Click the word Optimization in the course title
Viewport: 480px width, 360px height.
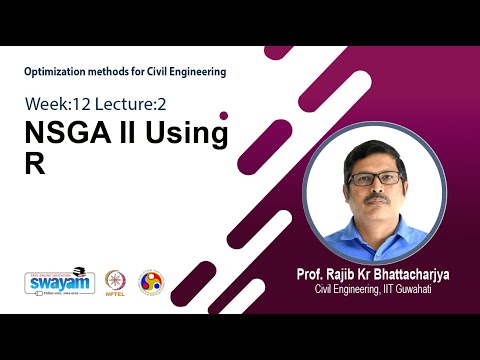coord(55,72)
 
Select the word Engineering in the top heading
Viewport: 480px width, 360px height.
coord(196,72)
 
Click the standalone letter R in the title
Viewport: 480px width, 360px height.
coord(35,166)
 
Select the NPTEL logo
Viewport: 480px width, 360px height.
coord(114,283)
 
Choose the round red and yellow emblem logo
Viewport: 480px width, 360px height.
coord(150,282)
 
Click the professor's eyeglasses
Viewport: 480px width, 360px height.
coord(375,178)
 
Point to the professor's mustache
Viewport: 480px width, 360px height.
coord(376,198)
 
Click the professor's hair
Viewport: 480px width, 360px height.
coord(374,153)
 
